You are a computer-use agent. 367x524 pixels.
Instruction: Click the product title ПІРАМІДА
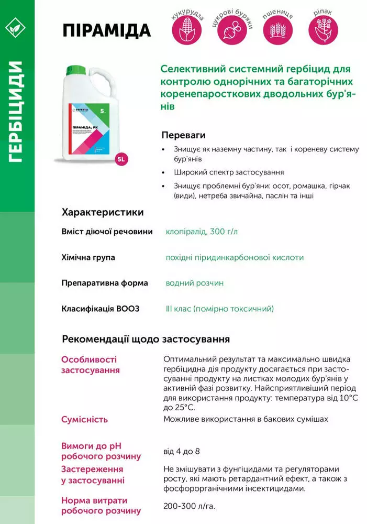click(x=106, y=30)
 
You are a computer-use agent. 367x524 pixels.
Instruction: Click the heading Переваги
click(x=183, y=135)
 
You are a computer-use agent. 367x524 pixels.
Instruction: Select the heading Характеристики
click(x=103, y=212)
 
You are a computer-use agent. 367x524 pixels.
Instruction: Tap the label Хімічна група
click(x=88, y=257)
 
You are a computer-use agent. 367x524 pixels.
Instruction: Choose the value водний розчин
click(x=195, y=283)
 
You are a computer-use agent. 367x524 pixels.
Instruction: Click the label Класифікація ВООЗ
click(x=101, y=309)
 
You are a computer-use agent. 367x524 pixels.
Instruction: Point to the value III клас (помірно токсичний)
click(x=219, y=309)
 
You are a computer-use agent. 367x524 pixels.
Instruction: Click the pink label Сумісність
click(x=85, y=419)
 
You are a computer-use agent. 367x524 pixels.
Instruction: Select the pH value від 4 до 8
click(x=182, y=451)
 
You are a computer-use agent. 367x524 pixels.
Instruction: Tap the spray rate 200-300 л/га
click(x=189, y=506)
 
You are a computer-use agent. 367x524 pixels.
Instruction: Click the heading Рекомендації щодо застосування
click(x=146, y=339)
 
